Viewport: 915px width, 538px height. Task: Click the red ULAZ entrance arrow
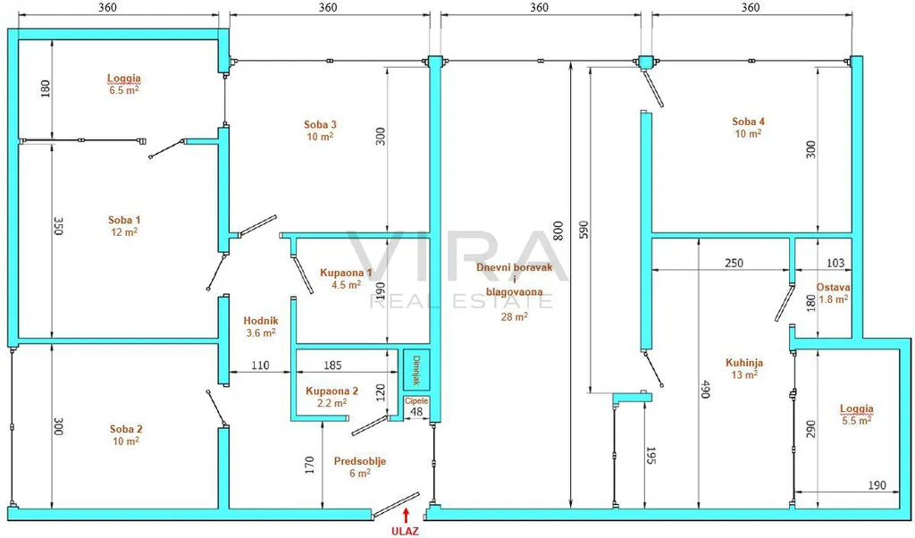(407, 514)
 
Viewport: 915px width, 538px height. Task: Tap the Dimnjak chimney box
(416, 370)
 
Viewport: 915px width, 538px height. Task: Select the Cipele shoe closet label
(416, 401)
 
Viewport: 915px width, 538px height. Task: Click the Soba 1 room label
(124, 220)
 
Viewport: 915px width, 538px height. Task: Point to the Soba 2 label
(126, 429)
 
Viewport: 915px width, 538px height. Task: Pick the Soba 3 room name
(321, 124)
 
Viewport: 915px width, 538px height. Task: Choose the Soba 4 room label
(748, 122)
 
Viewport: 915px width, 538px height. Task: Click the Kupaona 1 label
(346, 273)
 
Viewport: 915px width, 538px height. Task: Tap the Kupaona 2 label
(332, 391)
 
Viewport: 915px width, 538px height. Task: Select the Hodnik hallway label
(261, 320)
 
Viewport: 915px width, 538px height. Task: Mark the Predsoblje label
(360, 461)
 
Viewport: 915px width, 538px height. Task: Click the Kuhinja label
(744, 362)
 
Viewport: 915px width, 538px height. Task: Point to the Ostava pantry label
(834, 287)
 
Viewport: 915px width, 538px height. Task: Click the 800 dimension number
(558, 231)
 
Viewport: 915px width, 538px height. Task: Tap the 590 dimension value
(584, 230)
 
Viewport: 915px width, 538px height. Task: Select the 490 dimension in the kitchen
(705, 390)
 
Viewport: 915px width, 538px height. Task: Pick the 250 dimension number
(734, 263)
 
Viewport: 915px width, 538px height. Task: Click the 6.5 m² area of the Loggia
(124, 90)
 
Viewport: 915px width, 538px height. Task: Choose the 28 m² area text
(515, 316)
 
